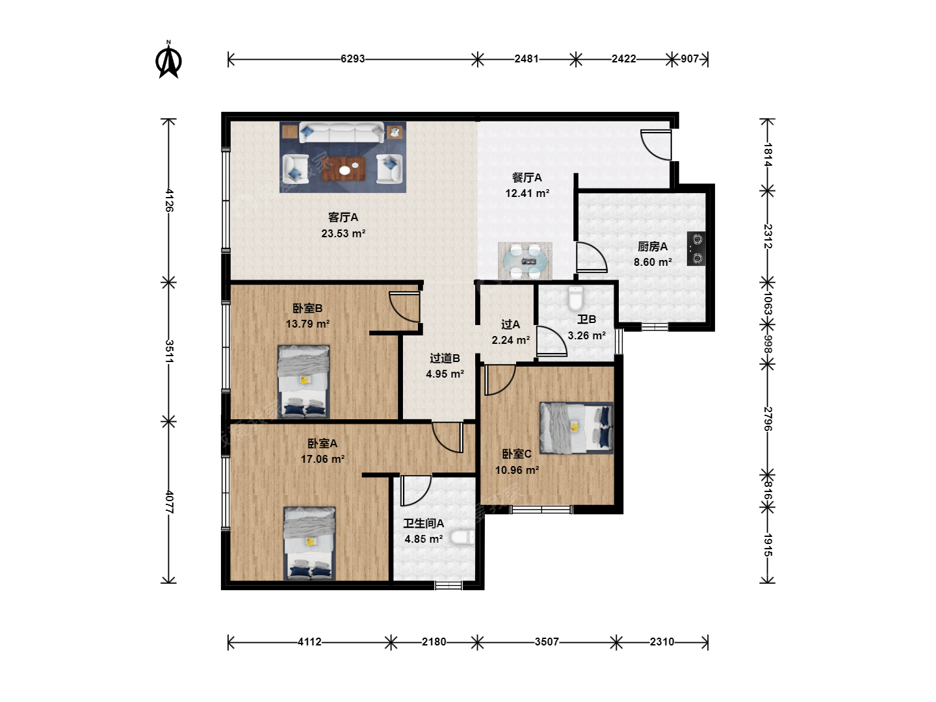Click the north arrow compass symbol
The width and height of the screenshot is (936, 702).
[x=168, y=60]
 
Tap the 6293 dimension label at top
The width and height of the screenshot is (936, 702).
[x=353, y=58]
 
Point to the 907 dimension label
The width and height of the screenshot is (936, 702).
[x=690, y=58]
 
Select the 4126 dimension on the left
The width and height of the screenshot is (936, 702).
[x=169, y=200]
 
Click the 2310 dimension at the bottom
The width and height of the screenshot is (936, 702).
[x=662, y=642]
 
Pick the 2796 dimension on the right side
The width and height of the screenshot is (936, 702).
[x=768, y=419]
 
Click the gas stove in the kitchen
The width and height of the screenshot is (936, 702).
[x=696, y=249]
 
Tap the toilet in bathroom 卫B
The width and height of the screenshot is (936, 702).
[x=575, y=298]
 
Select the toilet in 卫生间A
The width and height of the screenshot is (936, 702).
[x=462, y=537]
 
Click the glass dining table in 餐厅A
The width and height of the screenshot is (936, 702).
[x=525, y=261]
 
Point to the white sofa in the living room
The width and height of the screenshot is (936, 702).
[x=341, y=132]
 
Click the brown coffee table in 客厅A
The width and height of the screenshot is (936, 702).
[x=343, y=169]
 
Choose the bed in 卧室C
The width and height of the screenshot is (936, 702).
[x=577, y=428]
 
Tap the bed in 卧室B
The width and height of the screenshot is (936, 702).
[x=304, y=382]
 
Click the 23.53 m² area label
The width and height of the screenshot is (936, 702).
[x=343, y=233]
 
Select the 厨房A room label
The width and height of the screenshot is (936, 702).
[x=653, y=246]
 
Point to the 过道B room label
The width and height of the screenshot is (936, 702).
[x=445, y=358]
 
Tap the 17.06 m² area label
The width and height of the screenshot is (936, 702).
[x=323, y=459]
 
